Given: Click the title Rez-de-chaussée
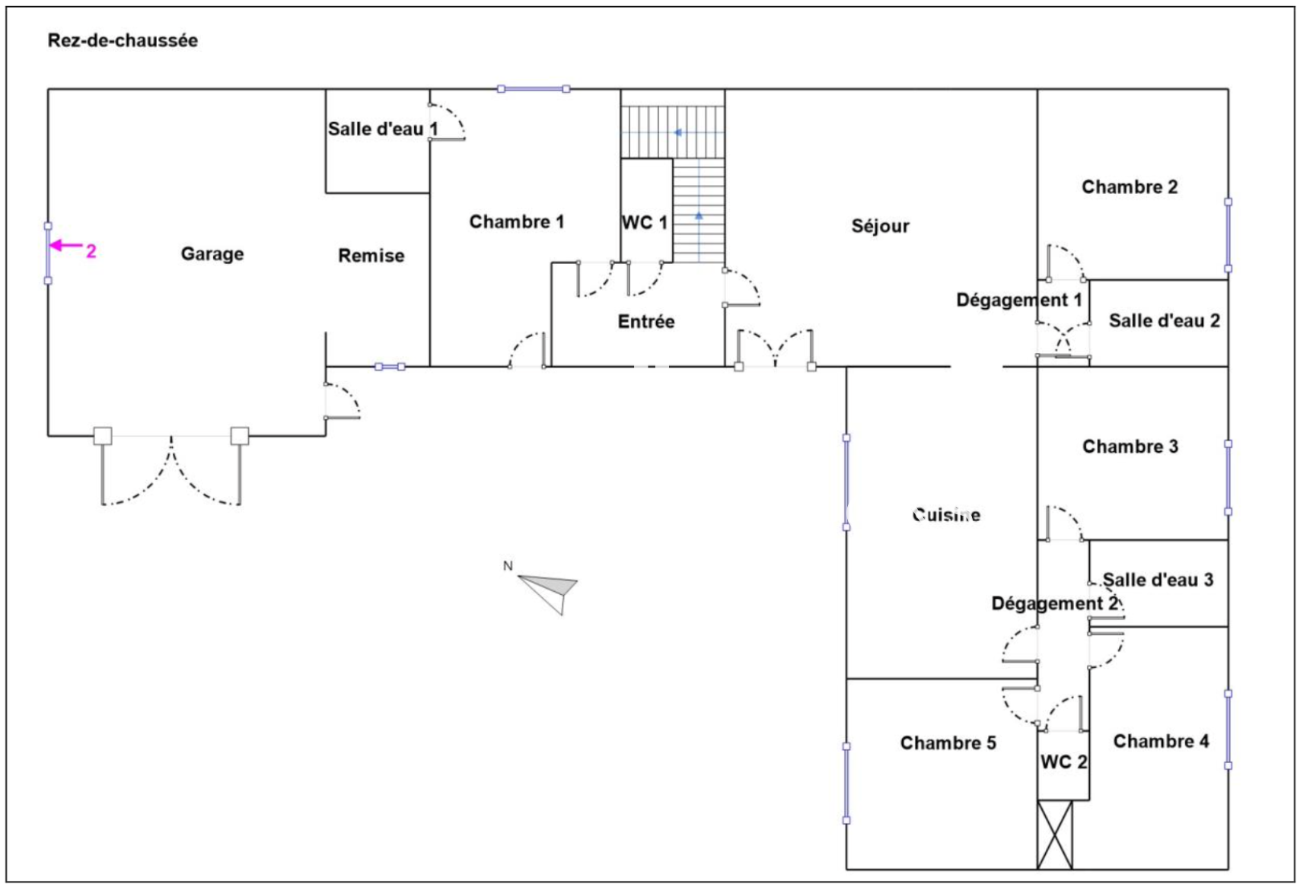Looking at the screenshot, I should [123, 40].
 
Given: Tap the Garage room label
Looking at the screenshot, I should [212, 254].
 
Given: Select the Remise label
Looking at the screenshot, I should [371, 256].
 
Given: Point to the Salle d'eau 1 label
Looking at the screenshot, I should [382, 129].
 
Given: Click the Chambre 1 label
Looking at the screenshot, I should [517, 222].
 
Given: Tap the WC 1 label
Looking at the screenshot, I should [645, 223].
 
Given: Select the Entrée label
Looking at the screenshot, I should [646, 322].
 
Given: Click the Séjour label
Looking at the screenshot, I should [881, 226].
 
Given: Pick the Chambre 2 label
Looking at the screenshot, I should [1130, 187].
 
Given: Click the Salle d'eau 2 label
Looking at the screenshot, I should [1164, 321].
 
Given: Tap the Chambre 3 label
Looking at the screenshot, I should [1130, 447].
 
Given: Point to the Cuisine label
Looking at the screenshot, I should [946, 515].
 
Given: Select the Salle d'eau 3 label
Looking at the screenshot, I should [1158, 580].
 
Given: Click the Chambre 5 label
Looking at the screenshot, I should [948, 743].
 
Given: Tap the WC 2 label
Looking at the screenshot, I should [1063, 762].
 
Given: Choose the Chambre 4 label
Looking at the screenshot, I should [1161, 741].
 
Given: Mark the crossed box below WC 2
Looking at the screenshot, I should [1055, 834].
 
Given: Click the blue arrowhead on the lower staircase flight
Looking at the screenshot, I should [699, 216].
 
